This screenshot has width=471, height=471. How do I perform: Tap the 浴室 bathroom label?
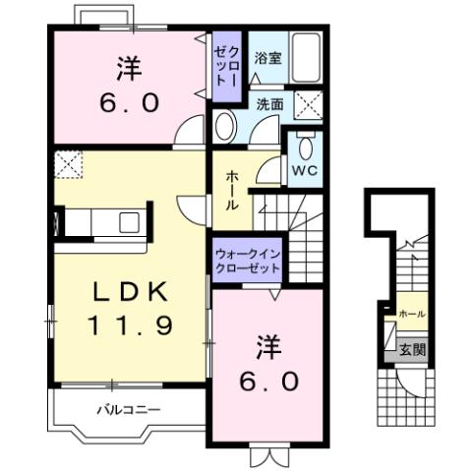tap(268, 58)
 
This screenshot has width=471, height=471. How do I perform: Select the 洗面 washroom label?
tap(270, 101)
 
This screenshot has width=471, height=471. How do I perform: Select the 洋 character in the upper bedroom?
tap(128, 69)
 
